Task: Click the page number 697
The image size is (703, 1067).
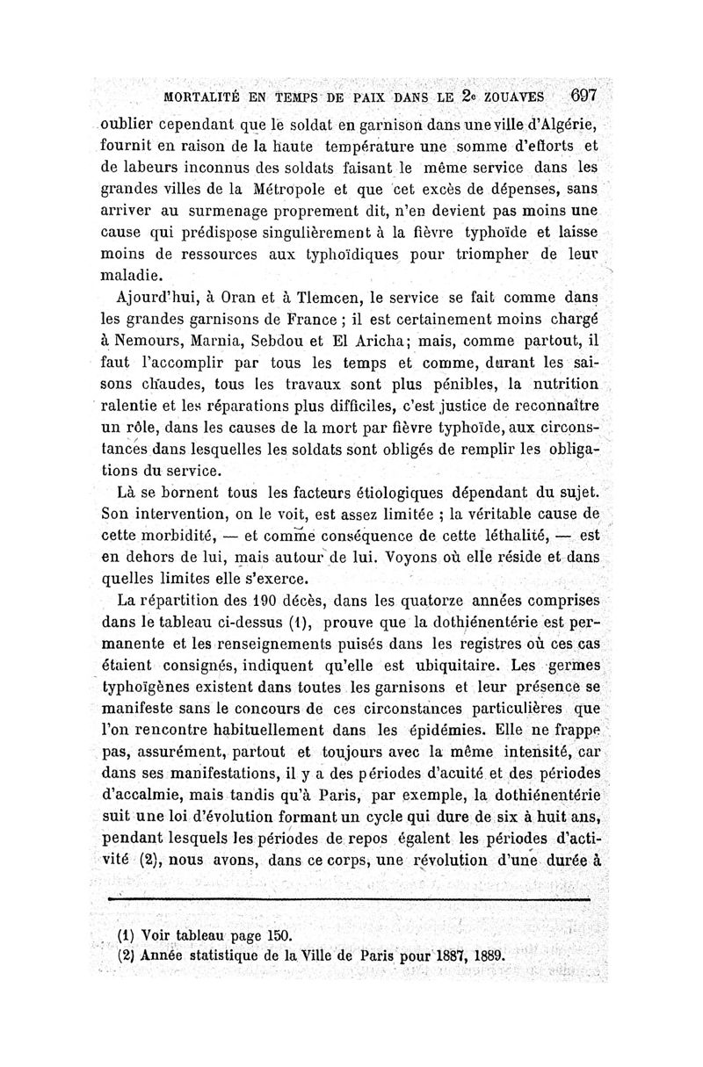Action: click(583, 95)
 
